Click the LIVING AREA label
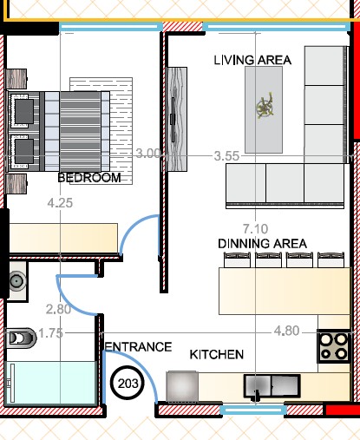point(252,60)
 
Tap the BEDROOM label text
point(89,178)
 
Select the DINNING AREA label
point(262,244)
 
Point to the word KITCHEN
point(217,354)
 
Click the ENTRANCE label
point(138,347)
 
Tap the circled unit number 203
point(128,384)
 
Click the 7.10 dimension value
point(255,229)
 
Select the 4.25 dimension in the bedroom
point(60,203)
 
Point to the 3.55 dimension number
point(226,156)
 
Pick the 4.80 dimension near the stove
point(286,331)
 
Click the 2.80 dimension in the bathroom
point(58,309)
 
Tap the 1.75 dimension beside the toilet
point(50,333)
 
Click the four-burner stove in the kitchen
point(334,346)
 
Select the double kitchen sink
point(272,386)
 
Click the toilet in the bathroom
point(20,338)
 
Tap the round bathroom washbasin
point(17,280)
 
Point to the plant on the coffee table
point(265,106)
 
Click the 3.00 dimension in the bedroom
point(147,154)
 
